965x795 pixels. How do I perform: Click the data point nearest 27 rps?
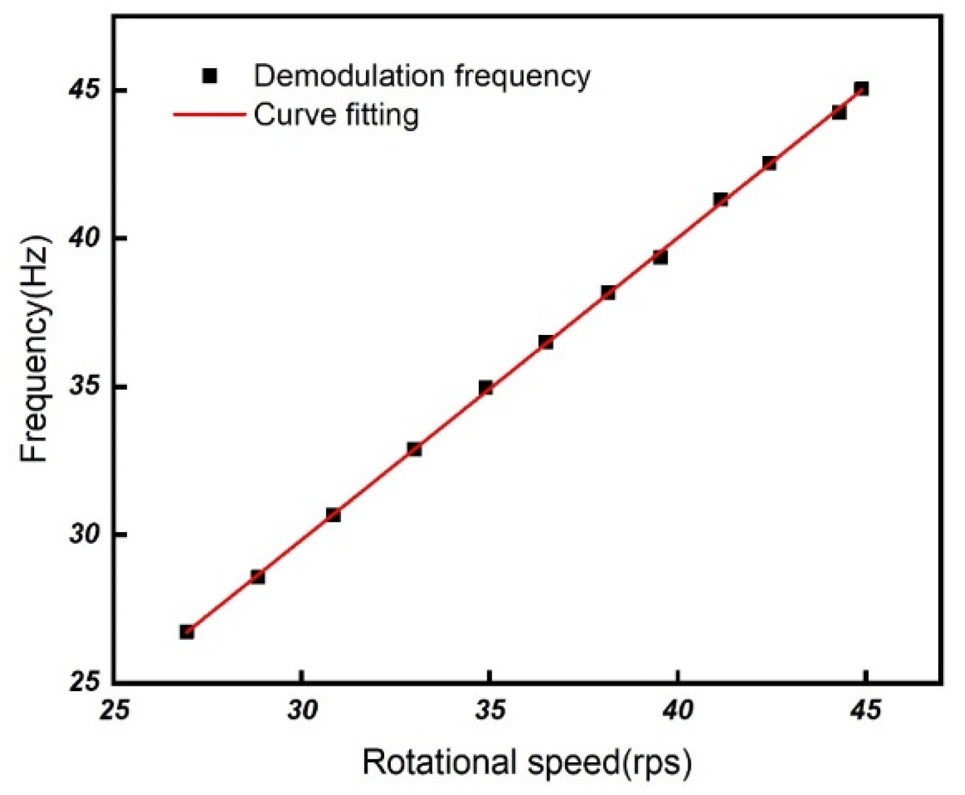[x=187, y=632]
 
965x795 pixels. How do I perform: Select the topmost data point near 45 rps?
[x=861, y=89]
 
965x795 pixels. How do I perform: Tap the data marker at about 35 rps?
[x=486, y=387]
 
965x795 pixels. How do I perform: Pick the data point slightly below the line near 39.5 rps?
[x=660, y=257]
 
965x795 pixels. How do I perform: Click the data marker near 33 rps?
[x=415, y=449]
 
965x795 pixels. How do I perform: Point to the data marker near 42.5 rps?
[x=770, y=163]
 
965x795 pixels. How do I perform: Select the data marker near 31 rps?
[x=333, y=515]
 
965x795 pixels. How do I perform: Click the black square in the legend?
[x=210, y=76]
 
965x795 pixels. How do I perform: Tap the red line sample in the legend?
[x=209, y=114]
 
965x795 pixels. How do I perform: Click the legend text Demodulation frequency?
[x=422, y=76]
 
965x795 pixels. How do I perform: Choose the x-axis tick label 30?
[x=302, y=709]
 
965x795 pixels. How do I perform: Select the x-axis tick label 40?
[x=678, y=709]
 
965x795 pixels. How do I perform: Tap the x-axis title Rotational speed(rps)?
[x=527, y=763]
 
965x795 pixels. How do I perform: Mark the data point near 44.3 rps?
[x=839, y=112]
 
